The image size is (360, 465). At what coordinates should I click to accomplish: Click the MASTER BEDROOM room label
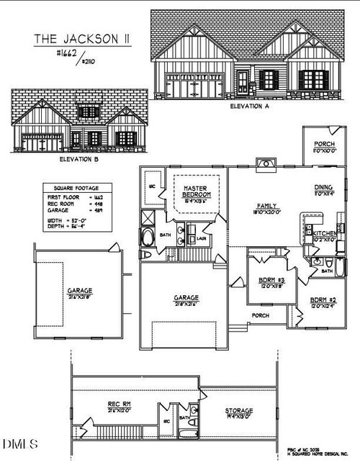point(196,191)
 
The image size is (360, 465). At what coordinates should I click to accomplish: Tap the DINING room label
point(322,189)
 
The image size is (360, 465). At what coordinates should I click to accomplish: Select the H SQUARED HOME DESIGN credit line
point(320,454)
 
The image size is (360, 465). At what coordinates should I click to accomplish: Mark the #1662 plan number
point(67,54)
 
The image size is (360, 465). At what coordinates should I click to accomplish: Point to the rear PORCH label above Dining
point(323,144)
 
